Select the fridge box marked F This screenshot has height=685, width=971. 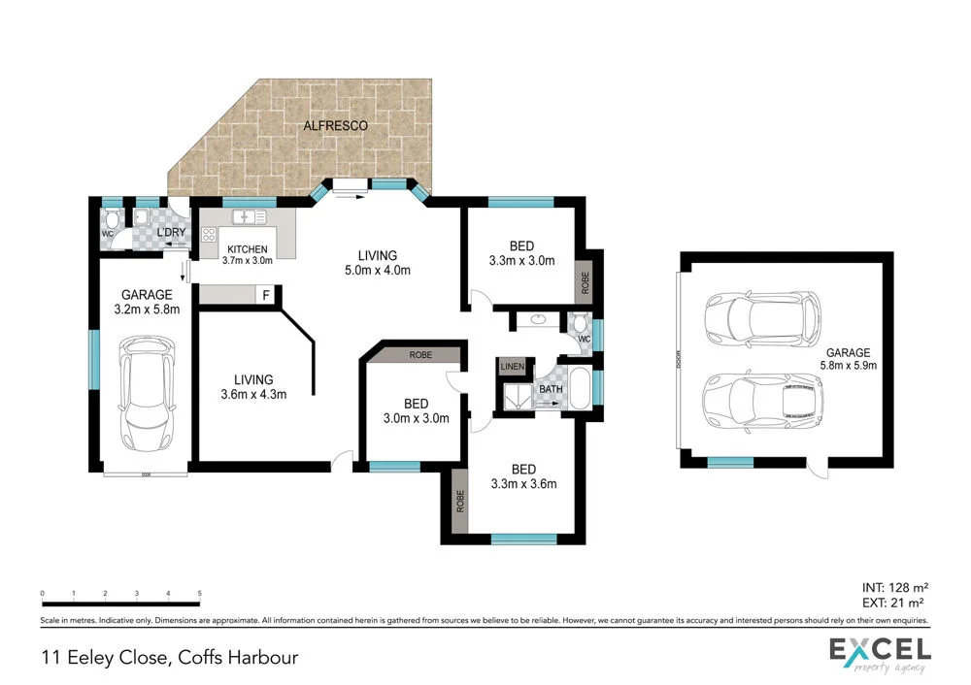[265, 294]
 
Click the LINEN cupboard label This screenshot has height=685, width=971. [511, 366]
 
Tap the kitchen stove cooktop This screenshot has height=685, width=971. [208, 234]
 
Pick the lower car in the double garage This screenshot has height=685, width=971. [763, 399]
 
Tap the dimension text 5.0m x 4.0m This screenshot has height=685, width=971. [379, 271]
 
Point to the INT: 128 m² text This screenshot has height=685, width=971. [895, 588]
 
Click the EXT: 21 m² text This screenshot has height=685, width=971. [895, 603]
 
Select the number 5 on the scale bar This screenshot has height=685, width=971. [199, 592]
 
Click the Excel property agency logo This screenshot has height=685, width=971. [880, 655]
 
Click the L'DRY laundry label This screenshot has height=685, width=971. [170, 233]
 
